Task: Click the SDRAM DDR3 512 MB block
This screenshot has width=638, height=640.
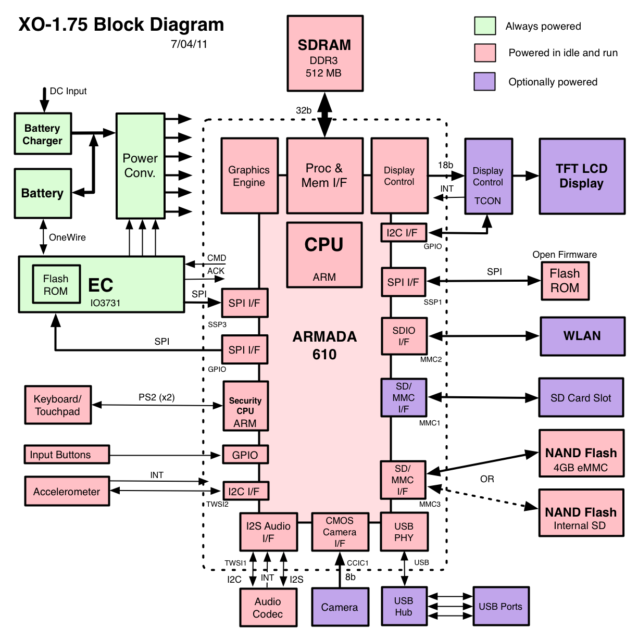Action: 325,53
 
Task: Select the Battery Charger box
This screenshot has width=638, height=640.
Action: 43,133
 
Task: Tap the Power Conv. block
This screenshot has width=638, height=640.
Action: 141,166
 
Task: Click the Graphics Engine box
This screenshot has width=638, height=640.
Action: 249,175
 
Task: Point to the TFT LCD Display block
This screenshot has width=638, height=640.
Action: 582,176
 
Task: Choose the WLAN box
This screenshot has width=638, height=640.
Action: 582,336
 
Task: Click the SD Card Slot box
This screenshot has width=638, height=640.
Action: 581,397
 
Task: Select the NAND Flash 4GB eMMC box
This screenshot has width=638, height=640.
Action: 581,453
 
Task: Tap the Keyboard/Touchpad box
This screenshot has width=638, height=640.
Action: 58,405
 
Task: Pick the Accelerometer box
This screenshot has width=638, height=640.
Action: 67,491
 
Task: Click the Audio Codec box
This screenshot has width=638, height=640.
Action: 268,607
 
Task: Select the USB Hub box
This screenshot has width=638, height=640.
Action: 404,606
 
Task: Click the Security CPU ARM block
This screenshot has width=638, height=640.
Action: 245,406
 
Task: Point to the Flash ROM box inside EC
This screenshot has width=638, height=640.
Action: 56,284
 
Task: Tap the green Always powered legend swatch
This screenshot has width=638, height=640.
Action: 485,26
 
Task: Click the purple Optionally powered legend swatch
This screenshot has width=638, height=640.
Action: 484,81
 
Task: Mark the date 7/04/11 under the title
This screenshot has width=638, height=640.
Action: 189,44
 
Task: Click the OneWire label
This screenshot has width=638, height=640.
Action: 67,237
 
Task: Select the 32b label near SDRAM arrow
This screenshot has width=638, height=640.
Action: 304,110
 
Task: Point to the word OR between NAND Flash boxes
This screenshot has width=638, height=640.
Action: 487,479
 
